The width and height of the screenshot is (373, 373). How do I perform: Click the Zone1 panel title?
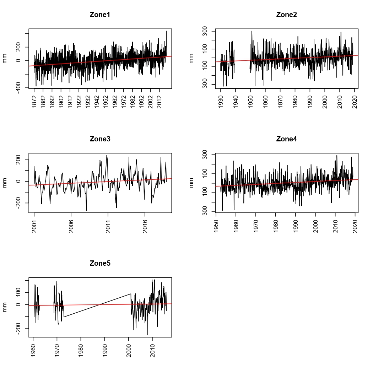[100, 15]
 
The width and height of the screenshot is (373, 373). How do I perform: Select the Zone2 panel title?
[286, 15]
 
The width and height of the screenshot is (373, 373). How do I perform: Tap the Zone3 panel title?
[100, 139]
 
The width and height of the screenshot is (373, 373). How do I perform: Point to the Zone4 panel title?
[286, 139]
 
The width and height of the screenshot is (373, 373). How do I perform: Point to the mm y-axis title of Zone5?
[5, 307]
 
